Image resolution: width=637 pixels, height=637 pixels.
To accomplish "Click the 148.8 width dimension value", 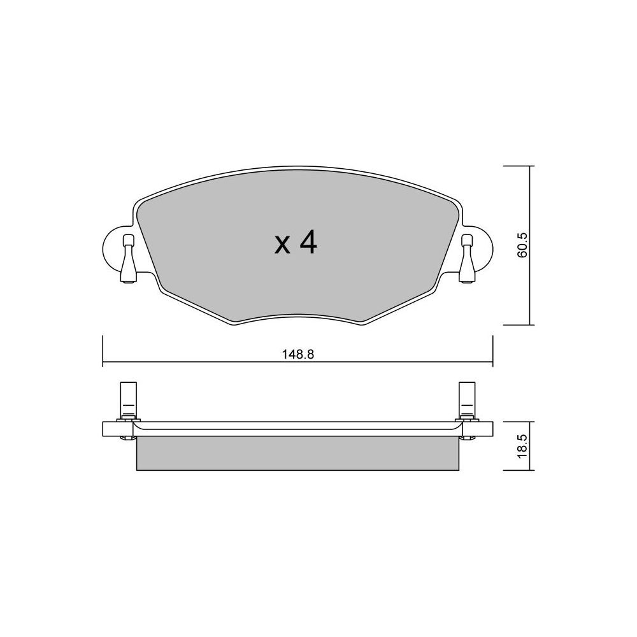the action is tap(298, 354).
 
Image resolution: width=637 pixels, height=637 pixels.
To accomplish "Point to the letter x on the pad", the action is tap(283, 246).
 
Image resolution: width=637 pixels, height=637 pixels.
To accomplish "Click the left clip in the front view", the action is tap(129, 259).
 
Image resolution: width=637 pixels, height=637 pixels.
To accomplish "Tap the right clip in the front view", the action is tap(467, 259).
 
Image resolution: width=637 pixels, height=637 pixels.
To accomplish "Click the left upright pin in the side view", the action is tap(129, 399).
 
